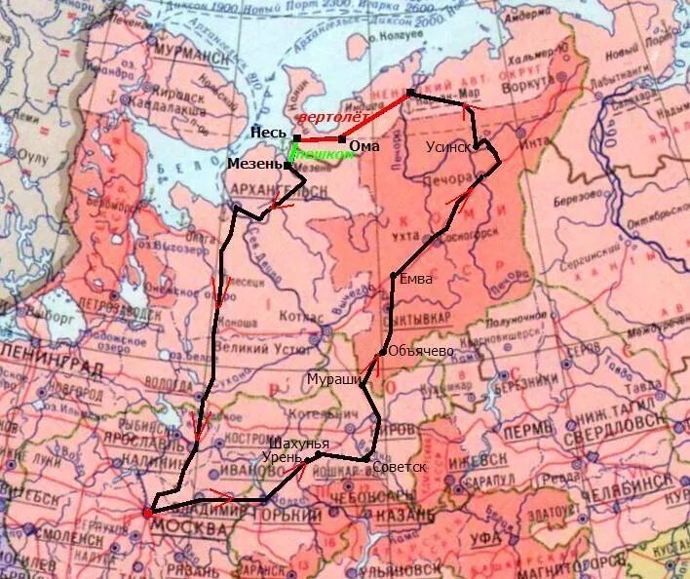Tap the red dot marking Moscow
tap(147, 512)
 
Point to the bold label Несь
tap(268, 134)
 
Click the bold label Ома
tap(364, 145)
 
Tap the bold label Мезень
tap(255, 164)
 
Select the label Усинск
tap(448, 147)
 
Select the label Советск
tap(400, 467)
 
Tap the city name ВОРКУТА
tap(551, 82)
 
